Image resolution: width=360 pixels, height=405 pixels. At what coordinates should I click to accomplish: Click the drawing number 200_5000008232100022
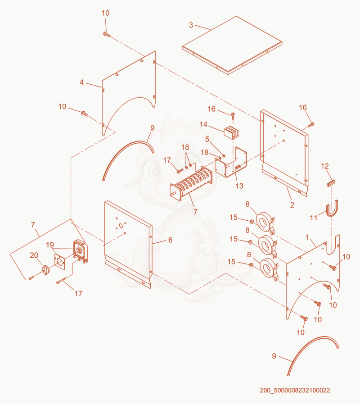tap(295, 390)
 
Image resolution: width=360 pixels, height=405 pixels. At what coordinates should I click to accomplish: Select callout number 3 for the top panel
tap(191, 25)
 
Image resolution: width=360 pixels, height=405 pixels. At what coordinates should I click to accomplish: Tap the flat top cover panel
tap(232, 45)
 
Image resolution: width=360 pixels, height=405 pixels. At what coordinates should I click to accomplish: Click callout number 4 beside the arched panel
tap(81, 82)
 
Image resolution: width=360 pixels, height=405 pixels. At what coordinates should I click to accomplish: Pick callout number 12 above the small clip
tap(325, 166)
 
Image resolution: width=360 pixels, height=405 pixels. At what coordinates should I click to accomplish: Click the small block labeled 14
tap(231, 132)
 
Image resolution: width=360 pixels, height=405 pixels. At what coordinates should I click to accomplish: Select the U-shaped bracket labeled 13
tap(231, 162)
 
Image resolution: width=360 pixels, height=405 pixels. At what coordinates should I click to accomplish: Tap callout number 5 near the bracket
tap(207, 139)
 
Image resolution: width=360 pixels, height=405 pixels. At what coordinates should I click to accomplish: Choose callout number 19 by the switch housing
tap(50, 245)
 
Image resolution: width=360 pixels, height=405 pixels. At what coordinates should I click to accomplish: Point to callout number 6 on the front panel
tap(170, 240)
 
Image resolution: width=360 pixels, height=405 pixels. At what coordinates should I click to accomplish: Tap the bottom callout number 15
tap(231, 262)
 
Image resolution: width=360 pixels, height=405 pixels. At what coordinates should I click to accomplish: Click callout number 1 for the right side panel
tap(307, 237)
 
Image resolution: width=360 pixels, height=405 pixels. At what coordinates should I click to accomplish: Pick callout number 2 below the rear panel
tap(292, 205)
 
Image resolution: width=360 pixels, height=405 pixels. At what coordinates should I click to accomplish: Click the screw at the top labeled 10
tap(107, 35)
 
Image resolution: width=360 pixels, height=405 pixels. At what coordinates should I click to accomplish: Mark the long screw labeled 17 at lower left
tap(61, 281)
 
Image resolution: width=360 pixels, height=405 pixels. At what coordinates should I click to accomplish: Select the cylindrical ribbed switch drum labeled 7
tap(191, 184)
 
